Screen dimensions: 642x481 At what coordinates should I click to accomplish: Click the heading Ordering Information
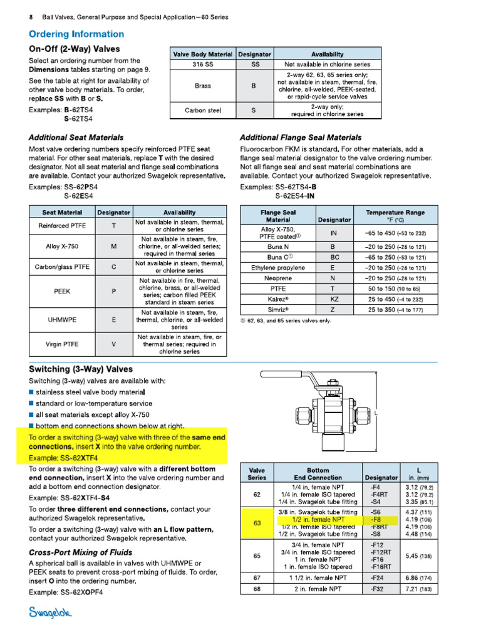(x=76, y=34)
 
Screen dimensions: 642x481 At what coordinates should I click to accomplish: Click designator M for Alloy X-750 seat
(x=113, y=246)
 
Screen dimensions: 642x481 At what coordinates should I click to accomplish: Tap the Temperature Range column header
(x=395, y=216)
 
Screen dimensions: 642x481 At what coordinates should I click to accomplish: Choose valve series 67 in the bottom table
(x=257, y=577)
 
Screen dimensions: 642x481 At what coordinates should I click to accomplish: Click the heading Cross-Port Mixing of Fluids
(x=81, y=552)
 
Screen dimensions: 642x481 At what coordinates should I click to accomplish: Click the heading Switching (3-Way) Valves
(x=81, y=369)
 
